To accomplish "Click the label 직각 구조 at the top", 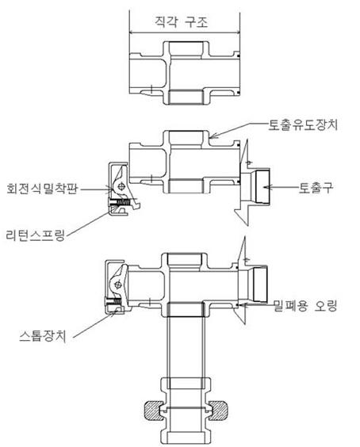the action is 182,22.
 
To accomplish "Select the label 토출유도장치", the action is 303,125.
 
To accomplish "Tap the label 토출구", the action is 316,188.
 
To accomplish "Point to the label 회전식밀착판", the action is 42,189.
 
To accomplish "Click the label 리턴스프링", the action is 36,235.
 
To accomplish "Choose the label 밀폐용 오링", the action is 305,306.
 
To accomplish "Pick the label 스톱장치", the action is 43,336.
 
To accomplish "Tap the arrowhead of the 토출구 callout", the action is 266,187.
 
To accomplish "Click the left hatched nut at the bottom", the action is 154,411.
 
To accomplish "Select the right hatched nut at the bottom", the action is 219,411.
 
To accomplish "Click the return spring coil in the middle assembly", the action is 124,202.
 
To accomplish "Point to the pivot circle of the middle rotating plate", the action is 122,186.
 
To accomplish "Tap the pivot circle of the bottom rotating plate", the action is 117,285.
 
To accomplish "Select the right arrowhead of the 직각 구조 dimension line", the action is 236,32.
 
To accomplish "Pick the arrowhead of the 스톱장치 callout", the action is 114,312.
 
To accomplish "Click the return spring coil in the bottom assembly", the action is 117,300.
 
